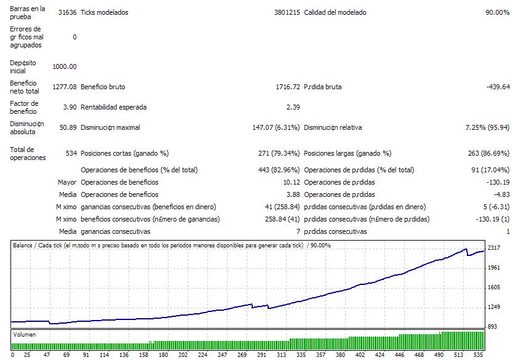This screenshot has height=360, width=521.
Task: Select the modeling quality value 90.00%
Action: click(x=497, y=12)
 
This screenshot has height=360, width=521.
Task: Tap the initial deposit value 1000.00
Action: click(x=65, y=66)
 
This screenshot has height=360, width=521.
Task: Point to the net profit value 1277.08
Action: click(x=65, y=87)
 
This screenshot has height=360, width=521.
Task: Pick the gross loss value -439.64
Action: click(x=497, y=87)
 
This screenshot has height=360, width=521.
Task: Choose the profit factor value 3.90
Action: click(x=70, y=107)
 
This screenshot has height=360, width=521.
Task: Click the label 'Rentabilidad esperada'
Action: click(x=114, y=107)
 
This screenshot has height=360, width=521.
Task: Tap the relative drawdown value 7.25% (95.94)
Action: click(x=487, y=127)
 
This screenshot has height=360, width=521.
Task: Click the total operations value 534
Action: click(x=71, y=153)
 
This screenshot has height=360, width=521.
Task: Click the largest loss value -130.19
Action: click(x=497, y=182)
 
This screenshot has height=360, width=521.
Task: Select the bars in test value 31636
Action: click(x=67, y=12)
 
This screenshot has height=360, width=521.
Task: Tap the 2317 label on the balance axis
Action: click(x=495, y=247)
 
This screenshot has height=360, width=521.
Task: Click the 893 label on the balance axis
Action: click(x=493, y=326)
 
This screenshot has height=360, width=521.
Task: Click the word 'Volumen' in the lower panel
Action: click(x=25, y=335)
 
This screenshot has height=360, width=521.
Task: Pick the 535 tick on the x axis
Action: click(x=479, y=354)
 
